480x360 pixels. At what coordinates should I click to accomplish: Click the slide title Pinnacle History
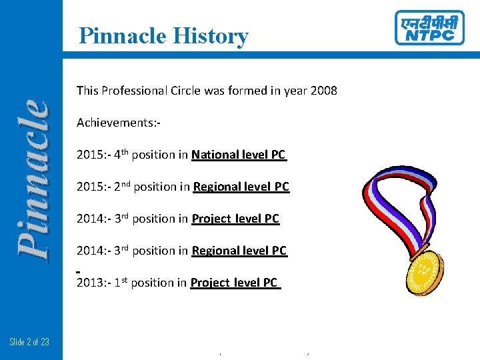(163, 35)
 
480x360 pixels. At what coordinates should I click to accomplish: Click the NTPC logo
(429, 28)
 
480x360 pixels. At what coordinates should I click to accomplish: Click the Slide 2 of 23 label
(29, 343)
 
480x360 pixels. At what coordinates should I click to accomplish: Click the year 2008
(323, 91)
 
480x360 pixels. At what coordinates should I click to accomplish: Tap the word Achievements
(117, 123)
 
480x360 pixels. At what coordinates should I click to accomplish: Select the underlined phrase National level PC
(239, 155)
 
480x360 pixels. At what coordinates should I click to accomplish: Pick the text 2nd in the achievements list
(122, 186)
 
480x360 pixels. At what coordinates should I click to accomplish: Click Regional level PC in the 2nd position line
(241, 187)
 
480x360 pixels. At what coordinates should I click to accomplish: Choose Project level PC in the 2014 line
(235, 219)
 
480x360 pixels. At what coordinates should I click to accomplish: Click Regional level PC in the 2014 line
(239, 251)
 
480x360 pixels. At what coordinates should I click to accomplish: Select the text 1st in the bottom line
(121, 282)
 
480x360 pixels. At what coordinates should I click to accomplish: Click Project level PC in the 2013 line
(234, 283)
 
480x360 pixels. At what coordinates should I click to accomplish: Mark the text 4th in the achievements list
(121, 154)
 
